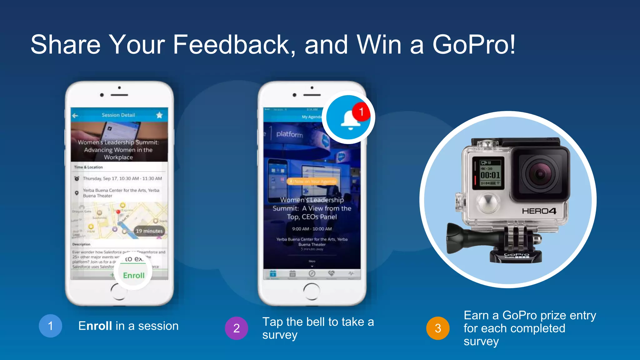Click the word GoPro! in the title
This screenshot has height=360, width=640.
pos(474,45)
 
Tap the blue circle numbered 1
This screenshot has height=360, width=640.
pos(50,326)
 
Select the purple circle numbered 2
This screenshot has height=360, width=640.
pos(237,328)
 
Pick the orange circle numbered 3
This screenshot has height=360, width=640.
pos(438,328)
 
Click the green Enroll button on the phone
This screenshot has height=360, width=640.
pos(133,275)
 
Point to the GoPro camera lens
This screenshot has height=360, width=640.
pos(540,174)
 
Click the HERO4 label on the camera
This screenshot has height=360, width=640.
pos(539,211)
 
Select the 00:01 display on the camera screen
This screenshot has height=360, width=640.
pos(490,175)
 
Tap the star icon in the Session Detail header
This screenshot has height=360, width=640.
pos(159,115)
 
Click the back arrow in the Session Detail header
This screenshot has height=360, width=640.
pos(75,116)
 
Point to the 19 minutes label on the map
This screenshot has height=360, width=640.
pos(149,231)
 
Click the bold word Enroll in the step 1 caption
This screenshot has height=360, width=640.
pos(95,326)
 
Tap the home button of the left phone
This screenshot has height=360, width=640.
pos(119,291)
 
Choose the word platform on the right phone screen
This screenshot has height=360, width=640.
pos(290,134)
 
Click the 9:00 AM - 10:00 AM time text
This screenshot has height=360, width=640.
pos(312,229)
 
